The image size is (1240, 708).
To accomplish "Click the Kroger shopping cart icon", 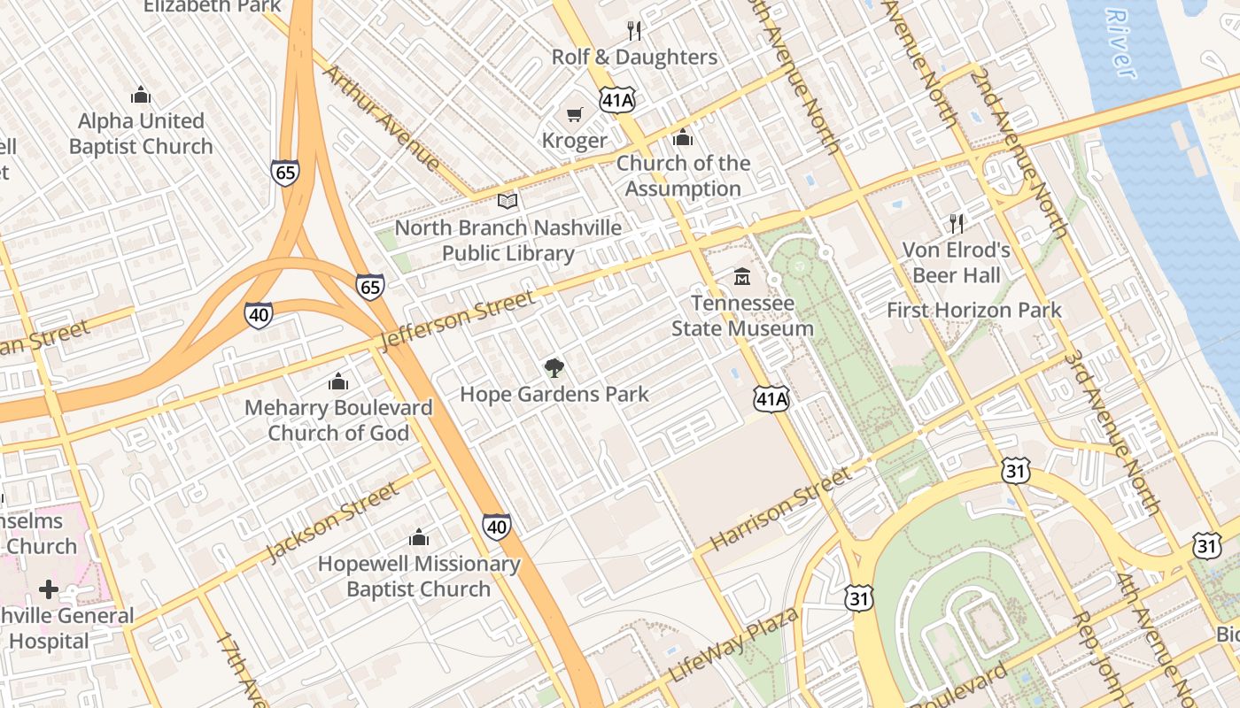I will tap(575, 114).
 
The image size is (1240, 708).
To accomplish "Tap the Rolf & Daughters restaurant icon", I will tap(634, 31).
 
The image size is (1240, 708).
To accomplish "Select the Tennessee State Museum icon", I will tap(742, 277).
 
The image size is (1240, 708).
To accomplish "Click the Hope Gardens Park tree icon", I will tap(554, 367).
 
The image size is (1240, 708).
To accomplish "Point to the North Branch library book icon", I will tap(508, 202).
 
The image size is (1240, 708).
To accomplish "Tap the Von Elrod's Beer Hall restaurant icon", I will tap(957, 222).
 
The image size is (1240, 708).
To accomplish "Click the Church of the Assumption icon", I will tap(683, 137).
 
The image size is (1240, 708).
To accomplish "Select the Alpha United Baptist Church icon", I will tap(141, 95).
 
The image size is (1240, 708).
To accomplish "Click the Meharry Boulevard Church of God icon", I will tap(338, 381).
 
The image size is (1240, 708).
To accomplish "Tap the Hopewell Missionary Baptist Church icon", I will tap(419, 537).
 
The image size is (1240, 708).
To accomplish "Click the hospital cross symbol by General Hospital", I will tap(49, 589).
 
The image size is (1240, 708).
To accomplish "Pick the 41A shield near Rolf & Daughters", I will tap(617, 100).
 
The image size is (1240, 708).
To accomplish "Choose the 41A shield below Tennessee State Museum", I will tap(771, 399).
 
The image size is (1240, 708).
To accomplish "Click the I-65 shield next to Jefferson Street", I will tap(371, 286).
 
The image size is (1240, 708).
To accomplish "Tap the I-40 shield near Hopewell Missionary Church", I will tap(497, 527).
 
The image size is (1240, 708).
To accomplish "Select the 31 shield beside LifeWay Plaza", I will tap(858, 597).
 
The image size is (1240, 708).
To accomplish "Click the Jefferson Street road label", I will tap(458, 320).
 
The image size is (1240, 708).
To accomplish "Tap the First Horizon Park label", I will tap(973, 310).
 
